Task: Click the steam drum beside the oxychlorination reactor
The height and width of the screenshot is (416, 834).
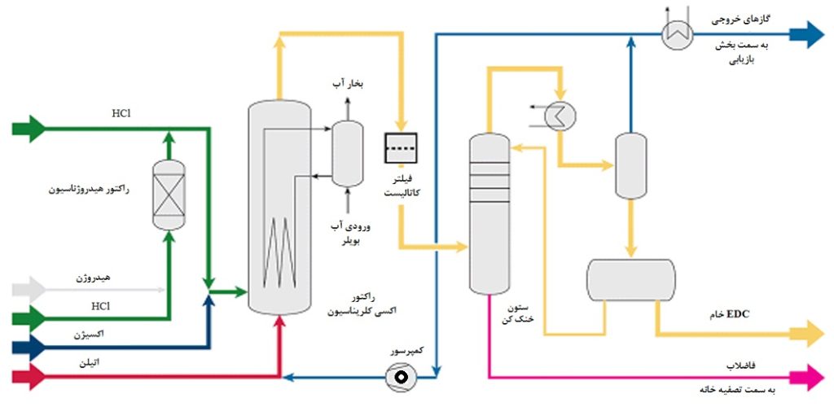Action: pos(348,154)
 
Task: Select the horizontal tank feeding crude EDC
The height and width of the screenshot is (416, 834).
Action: pos(630,278)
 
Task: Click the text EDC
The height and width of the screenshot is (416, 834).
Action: pos(736,313)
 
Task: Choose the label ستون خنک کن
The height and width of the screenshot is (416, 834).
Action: pos(519,314)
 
